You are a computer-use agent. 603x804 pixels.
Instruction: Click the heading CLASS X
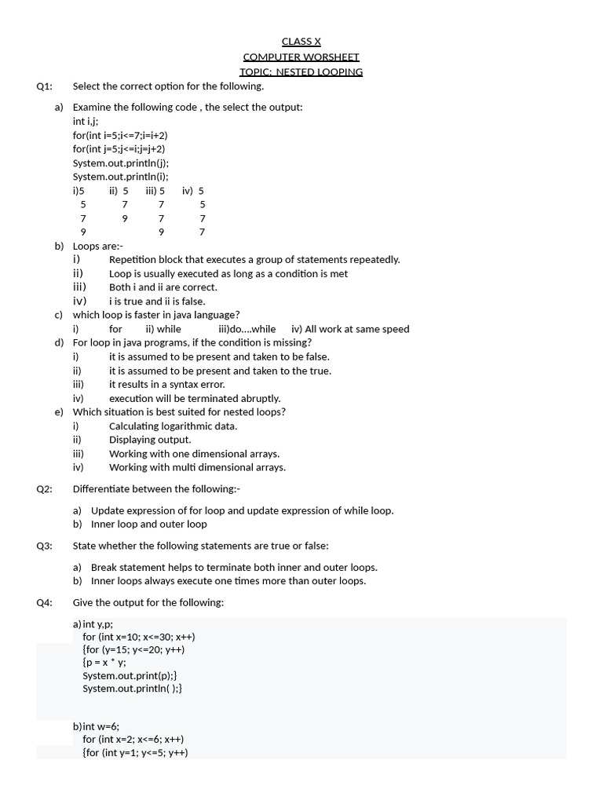pyautogui.click(x=301, y=42)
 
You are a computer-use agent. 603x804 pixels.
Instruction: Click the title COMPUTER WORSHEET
pyautogui.click(x=301, y=57)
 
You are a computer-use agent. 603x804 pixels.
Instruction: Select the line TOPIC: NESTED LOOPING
pyautogui.click(x=301, y=71)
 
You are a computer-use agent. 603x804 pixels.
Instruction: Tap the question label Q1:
pyautogui.click(x=44, y=86)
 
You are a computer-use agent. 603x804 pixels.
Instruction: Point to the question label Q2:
pyautogui.click(x=44, y=489)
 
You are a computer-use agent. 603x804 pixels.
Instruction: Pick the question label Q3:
pyautogui.click(x=44, y=546)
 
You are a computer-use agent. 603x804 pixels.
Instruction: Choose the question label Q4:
pyautogui.click(x=44, y=602)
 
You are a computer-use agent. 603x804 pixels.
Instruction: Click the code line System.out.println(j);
pyautogui.click(x=121, y=163)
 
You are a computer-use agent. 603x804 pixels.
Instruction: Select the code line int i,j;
pyautogui.click(x=86, y=121)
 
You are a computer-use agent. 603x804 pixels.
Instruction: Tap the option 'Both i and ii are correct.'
pyautogui.click(x=163, y=287)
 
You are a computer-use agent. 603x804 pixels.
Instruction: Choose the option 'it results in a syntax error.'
pyautogui.click(x=167, y=385)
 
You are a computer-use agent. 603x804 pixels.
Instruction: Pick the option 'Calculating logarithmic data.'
pyautogui.click(x=173, y=426)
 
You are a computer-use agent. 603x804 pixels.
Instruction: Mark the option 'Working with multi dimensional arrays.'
pyautogui.click(x=197, y=467)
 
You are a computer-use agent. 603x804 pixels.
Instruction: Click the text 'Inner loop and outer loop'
pyautogui.click(x=149, y=524)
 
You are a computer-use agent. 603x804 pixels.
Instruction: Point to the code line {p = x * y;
pyautogui.click(x=104, y=662)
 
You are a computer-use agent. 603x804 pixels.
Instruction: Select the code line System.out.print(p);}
pyautogui.click(x=130, y=675)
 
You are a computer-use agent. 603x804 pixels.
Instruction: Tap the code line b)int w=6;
pyautogui.click(x=96, y=726)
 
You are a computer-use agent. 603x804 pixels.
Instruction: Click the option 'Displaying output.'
pyautogui.click(x=150, y=440)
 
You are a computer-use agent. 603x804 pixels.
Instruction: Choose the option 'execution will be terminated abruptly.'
pyautogui.click(x=195, y=398)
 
